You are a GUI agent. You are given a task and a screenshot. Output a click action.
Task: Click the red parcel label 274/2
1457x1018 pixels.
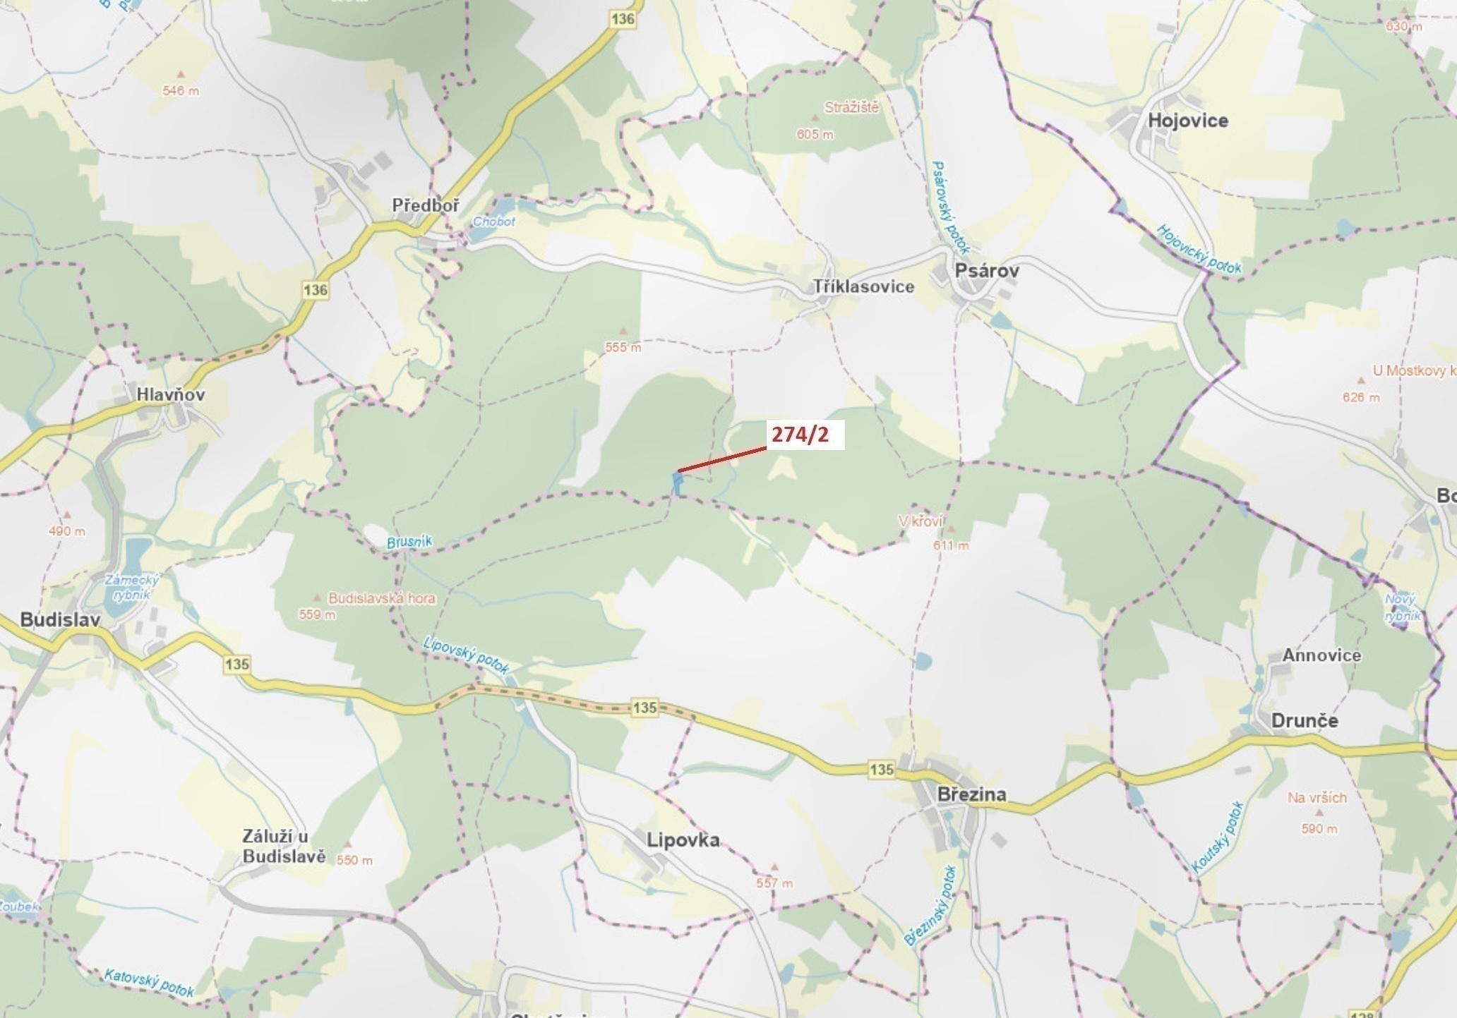click(x=800, y=435)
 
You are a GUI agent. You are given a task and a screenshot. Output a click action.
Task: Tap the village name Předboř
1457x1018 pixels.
click(x=426, y=205)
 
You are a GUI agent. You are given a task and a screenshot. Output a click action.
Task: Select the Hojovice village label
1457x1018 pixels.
click(x=1187, y=121)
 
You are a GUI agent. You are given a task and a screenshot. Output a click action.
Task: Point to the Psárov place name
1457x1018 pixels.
click(x=986, y=270)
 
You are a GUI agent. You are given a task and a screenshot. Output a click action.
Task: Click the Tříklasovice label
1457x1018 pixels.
click(x=863, y=286)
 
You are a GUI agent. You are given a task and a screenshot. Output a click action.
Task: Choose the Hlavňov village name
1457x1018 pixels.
click(x=171, y=394)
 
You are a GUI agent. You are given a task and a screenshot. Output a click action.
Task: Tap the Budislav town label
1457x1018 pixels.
click(x=60, y=619)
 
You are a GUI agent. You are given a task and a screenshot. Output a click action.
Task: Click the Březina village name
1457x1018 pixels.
click(x=971, y=794)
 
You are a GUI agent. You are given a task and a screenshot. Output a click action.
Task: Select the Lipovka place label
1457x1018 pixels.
click(x=683, y=840)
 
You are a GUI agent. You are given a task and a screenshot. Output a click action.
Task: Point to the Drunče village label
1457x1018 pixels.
click(x=1304, y=720)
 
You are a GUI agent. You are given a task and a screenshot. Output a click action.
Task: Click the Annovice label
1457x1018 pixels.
click(x=1321, y=655)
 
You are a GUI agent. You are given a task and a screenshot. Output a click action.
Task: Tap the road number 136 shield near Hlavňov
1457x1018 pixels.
click(x=315, y=289)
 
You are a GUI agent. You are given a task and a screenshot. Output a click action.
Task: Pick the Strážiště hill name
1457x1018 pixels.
click(x=851, y=108)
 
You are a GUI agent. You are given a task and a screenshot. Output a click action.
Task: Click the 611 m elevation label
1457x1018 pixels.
click(x=950, y=545)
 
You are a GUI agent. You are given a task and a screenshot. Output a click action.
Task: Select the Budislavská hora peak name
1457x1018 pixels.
click(x=382, y=598)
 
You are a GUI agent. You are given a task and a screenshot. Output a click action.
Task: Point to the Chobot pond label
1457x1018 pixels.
click(x=493, y=222)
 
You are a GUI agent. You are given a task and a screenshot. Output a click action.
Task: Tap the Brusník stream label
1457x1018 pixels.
click(x=409, y=542)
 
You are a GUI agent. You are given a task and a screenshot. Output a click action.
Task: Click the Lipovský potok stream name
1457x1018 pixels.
click(x=466, y=655)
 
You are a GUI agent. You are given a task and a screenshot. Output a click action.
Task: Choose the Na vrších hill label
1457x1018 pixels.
click(x=1317, y=798)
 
